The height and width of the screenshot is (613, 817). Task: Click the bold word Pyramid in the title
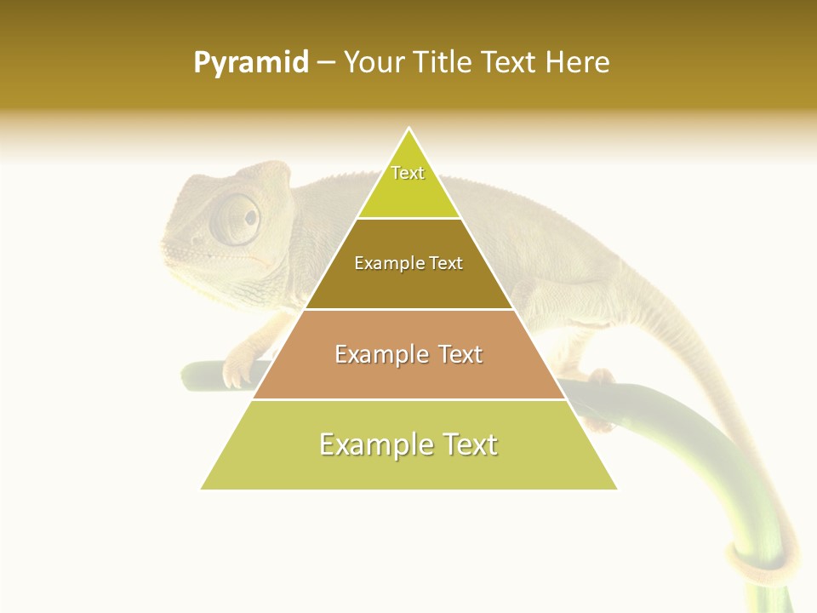250,63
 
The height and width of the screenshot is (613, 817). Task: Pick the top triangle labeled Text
408,183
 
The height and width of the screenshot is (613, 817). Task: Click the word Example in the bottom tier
369,444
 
